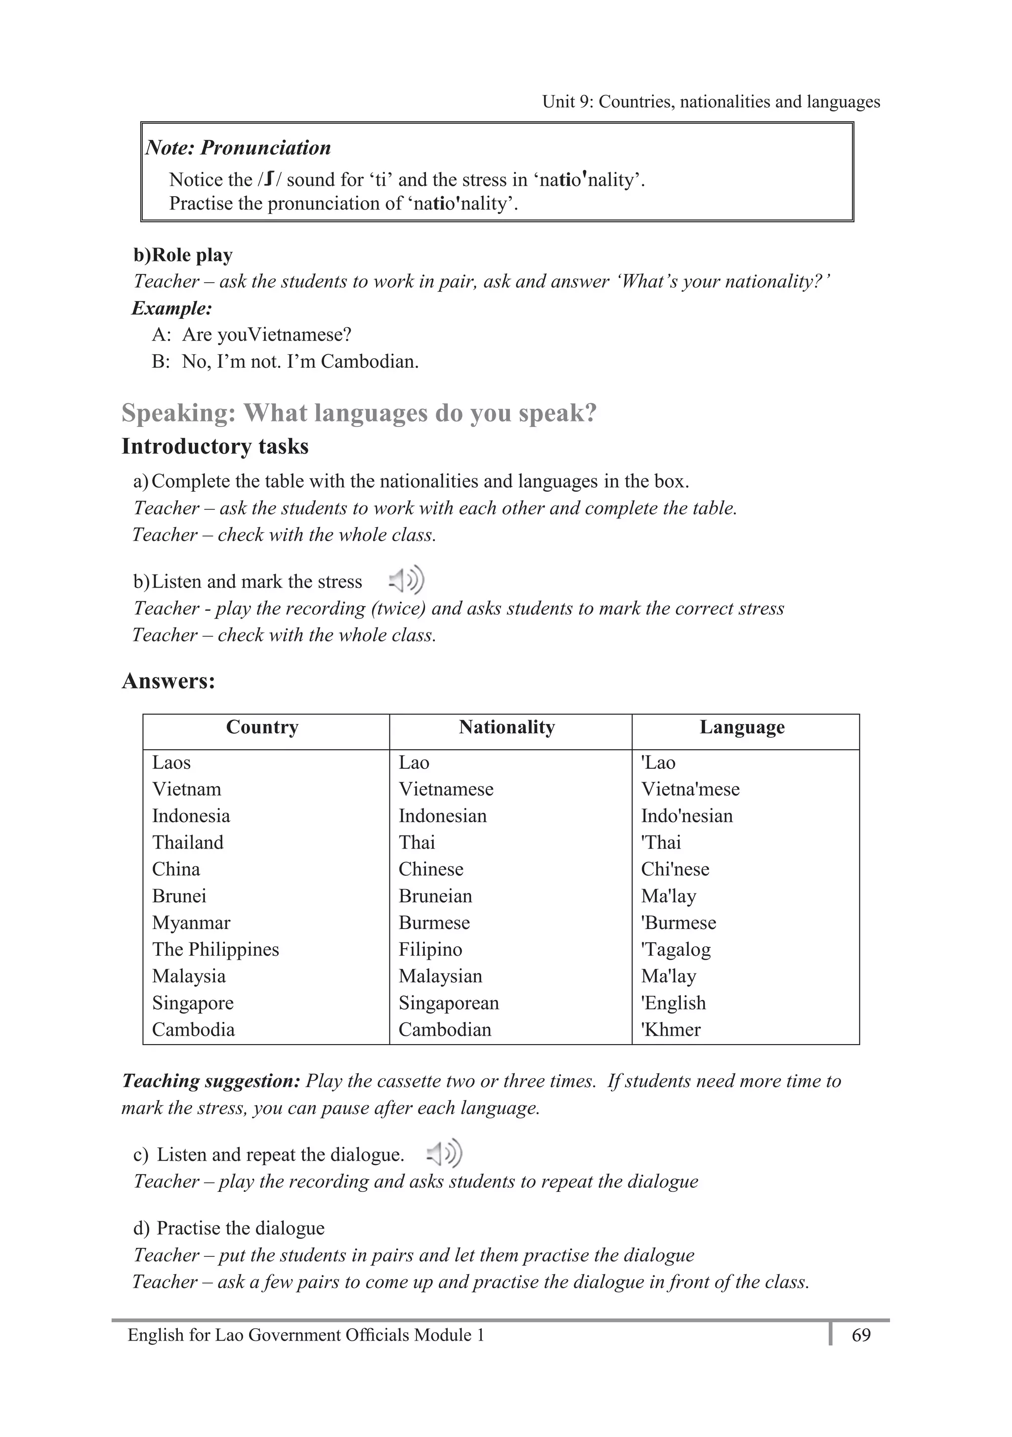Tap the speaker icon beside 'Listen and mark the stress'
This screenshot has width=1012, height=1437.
[407, 581]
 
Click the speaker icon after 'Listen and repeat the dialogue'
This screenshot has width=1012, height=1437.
[444, 1153]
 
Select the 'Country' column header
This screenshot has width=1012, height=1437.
[262, 727]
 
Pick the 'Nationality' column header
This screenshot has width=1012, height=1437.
[506, 727]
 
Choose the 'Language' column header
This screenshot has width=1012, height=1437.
[742, 727]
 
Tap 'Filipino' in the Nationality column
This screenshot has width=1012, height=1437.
[430, 949]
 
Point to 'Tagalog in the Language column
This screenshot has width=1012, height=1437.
[676, 949]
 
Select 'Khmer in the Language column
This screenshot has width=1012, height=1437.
[671, 1029]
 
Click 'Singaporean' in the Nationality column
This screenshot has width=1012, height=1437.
[449, 1003]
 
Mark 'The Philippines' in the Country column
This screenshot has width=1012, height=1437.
[215, 949]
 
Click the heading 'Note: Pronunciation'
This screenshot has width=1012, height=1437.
[239, 148]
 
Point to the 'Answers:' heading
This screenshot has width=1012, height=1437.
[169, 681]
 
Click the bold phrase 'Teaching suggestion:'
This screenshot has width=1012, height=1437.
[211, 1081]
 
